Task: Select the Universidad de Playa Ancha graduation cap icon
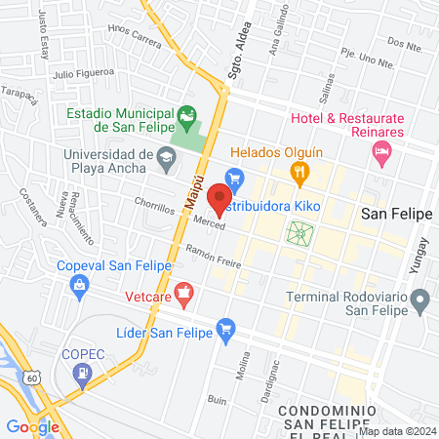pyautogui.click(x=167, y=154)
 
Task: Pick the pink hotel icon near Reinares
pyautogui.click(x=381, y=151)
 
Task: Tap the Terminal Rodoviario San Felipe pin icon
pyautogui.click(x=420, y=300)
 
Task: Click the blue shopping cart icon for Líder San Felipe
pyautogui.click(x=226, y=329)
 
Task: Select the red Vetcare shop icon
pyautogui.click(x=183, y=292)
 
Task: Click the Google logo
pyautogui.click(x=32, y=426)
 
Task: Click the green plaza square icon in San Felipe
pyautogui.click(x=299, y=233)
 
